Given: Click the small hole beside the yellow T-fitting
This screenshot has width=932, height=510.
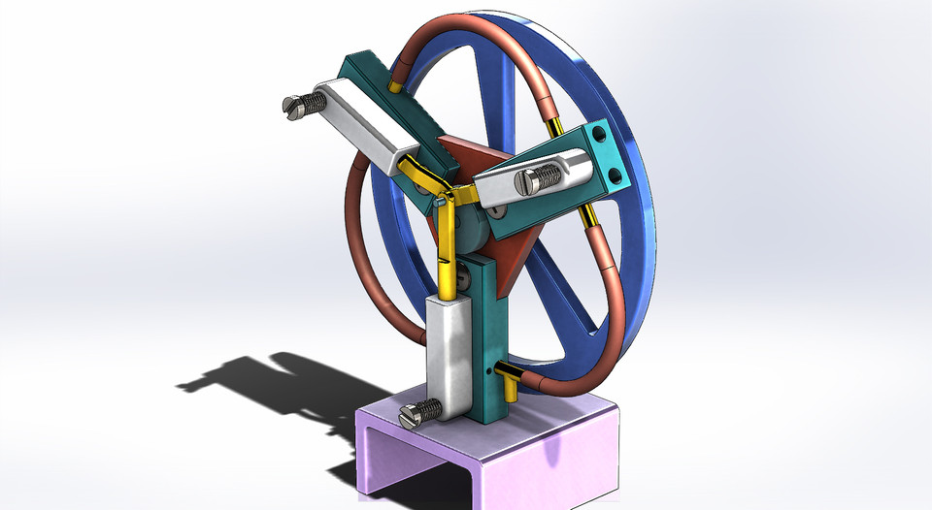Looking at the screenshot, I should point(485,369).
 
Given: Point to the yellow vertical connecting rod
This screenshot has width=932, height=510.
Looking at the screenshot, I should point(447,252).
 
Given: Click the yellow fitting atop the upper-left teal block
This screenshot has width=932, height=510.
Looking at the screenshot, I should point(395,86).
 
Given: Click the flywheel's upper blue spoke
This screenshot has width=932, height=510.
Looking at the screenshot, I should point(501,87).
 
